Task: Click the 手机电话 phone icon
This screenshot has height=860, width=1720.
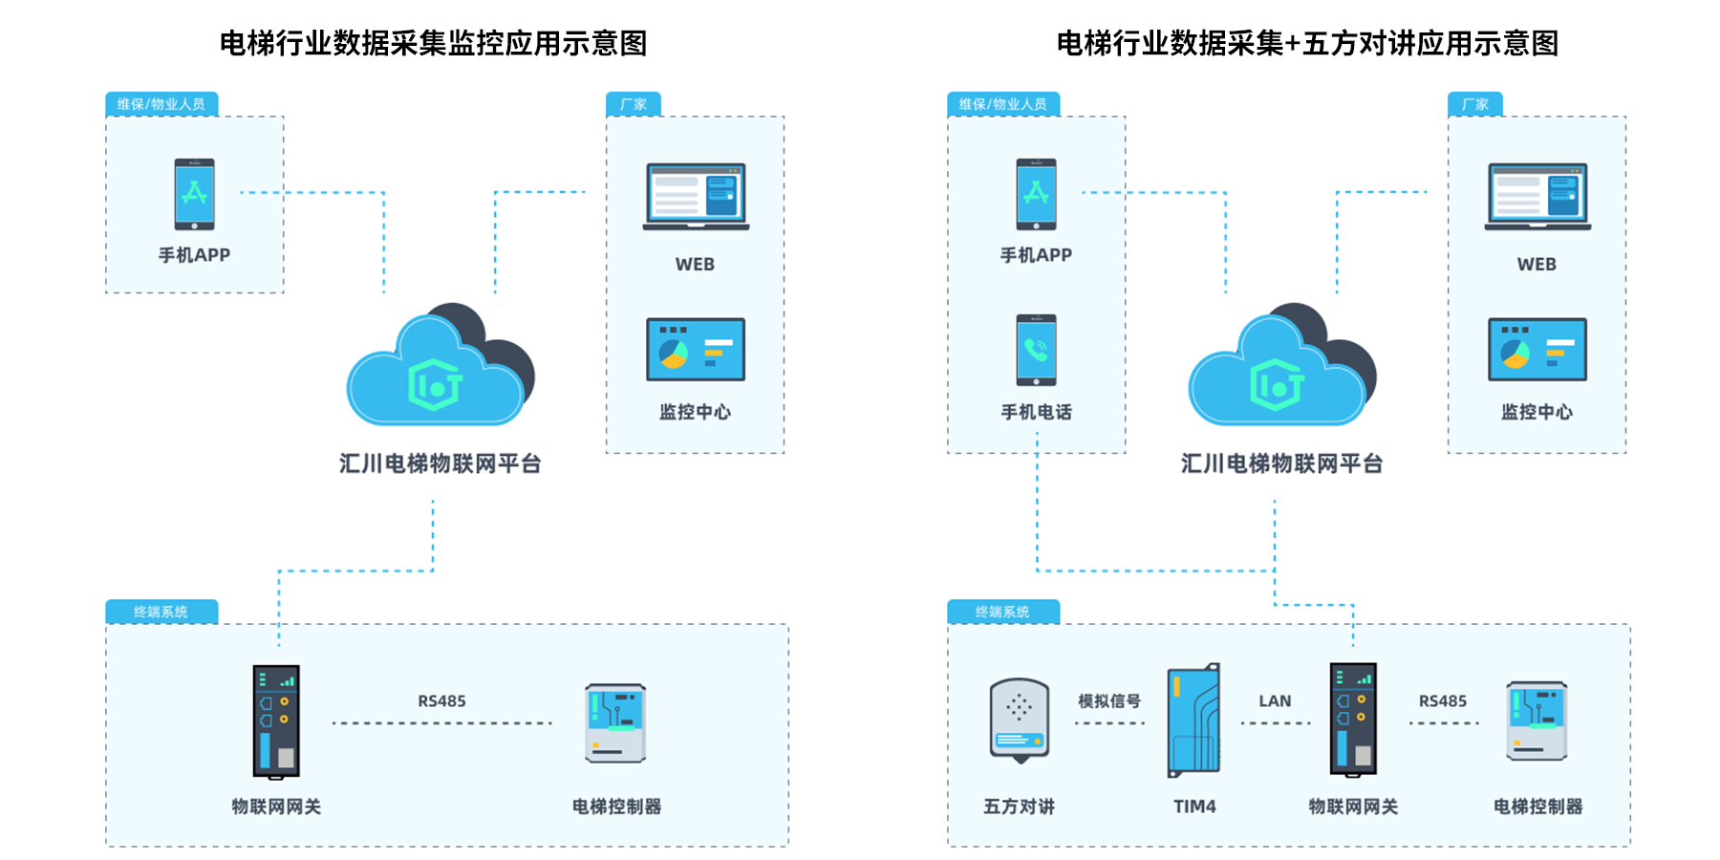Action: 1036,350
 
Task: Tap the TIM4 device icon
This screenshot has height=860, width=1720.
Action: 1194,720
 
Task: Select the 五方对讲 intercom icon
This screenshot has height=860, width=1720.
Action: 1020,720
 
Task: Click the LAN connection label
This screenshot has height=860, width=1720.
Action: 1275,701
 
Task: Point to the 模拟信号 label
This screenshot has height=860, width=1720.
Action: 1108,701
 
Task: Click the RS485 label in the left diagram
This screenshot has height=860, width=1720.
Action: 441,701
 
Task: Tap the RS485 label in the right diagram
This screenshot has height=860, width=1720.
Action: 1442,701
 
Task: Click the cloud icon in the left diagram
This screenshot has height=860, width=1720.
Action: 440,368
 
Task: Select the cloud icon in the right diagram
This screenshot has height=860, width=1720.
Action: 1281,368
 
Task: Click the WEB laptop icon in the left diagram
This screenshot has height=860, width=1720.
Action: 696,197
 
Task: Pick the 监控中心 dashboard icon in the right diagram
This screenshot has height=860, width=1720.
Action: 1537,350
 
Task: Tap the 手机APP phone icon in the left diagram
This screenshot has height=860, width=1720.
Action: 194,194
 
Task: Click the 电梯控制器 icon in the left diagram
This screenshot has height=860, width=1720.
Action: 615,722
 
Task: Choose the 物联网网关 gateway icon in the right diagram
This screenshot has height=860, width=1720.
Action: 1353,719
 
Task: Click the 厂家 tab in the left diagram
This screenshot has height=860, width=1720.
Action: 633,104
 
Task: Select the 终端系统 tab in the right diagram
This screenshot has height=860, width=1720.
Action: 1002,612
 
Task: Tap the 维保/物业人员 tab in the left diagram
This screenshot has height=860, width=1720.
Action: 161,104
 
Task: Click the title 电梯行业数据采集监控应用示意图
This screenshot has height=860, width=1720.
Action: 433,43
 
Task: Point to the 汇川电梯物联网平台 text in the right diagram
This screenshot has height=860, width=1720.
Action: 1281,464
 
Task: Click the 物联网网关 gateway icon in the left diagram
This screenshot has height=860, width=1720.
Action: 276,720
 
